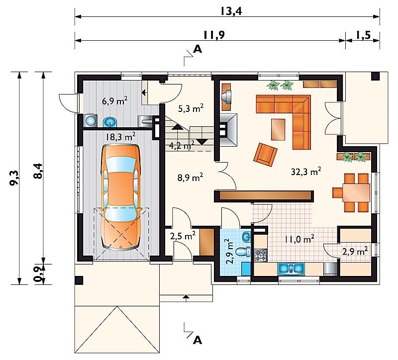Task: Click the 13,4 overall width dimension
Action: pos(231,11)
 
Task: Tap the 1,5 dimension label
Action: pos(363,35)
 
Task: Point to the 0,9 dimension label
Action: pos(38,274)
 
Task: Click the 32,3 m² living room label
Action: pos(306,172)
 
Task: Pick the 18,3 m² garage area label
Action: pos(120,137)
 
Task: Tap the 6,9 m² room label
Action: pos(114,101)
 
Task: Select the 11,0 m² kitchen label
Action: pos(299,239)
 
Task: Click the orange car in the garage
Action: pos(120,198)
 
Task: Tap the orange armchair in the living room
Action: pos(265,155)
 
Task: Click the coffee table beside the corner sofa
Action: pos(278,129)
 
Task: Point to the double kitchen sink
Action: pos(291,269)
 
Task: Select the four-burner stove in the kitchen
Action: pos(261,256)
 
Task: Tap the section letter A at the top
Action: pos(198,49)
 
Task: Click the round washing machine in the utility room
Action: pos(90,120)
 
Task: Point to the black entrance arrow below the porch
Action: pos(186,296)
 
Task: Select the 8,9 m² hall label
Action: pos(190,178)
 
